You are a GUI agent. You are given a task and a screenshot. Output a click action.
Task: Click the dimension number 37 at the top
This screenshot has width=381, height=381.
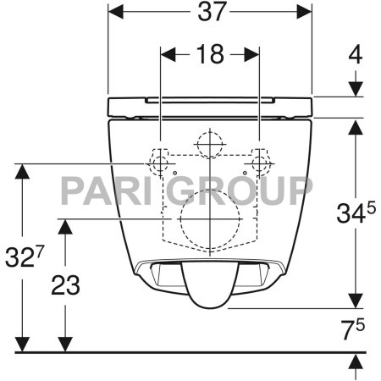(212, 12)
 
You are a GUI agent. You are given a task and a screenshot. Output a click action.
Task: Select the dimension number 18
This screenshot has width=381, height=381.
(210, 54)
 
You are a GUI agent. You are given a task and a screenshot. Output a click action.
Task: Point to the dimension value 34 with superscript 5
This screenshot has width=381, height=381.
(356, 213)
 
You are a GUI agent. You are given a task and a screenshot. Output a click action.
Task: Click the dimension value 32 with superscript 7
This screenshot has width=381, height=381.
(25, 256)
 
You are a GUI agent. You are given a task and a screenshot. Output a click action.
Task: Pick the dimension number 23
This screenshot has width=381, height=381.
(65, 285)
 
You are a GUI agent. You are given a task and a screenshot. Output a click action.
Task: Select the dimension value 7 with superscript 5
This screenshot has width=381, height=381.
(353, 329)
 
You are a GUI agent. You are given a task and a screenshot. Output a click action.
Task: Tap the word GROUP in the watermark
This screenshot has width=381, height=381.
(240, 190)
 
